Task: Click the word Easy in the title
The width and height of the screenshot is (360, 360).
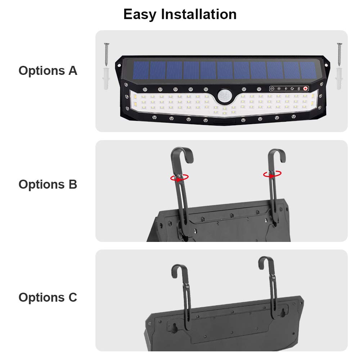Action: pos(140,14)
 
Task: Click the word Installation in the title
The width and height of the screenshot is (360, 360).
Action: pos(199,14)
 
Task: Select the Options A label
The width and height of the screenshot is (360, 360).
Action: pos(48,71)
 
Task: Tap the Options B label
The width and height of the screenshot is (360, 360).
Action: pos(48,184)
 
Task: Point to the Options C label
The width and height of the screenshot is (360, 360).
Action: pos(48,298)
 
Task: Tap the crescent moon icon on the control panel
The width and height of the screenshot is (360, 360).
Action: pos(292,88)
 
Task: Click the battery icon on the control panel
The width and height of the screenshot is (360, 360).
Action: pos(299,88)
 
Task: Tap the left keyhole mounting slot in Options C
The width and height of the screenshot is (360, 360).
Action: pos(174,327)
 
